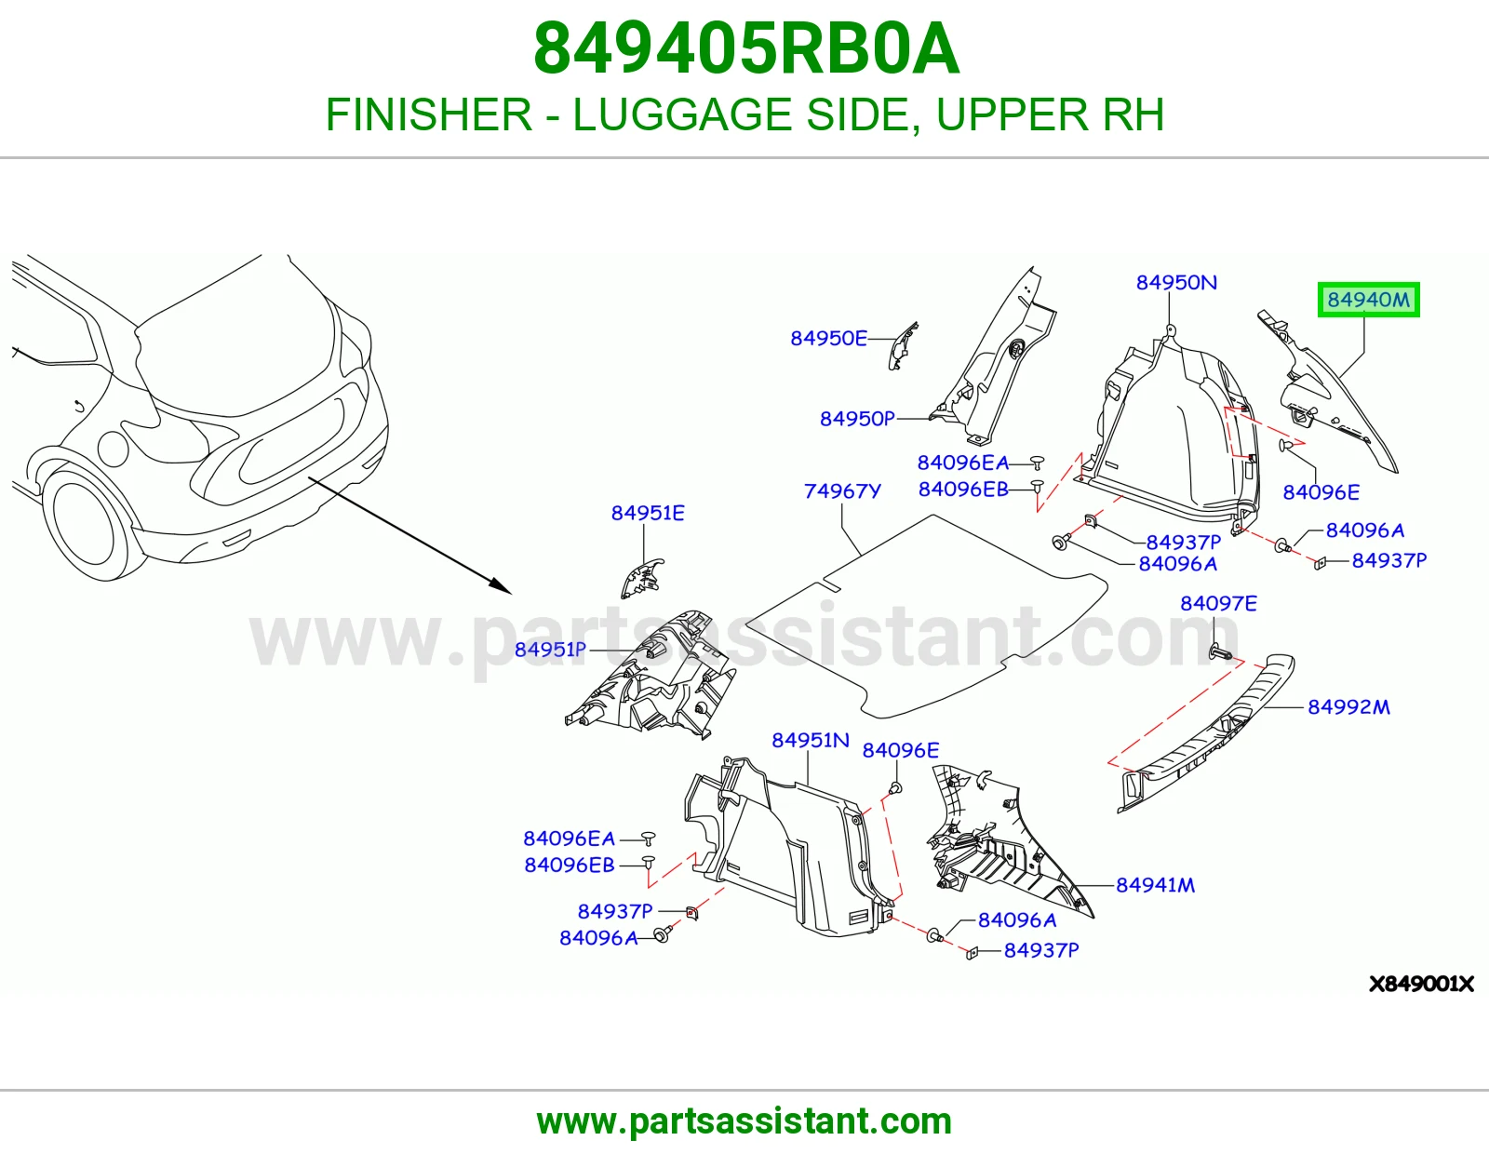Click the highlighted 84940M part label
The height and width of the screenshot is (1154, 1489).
click(x=1368, y=300)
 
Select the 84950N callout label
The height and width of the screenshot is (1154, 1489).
click(x=1176, y=282)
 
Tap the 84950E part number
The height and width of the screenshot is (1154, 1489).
click(x=828, y=338)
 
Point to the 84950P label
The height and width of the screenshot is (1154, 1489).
click(x=857, y=418)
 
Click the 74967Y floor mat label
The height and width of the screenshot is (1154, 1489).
click(x=842, y=490)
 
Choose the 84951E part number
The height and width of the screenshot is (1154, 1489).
click(x=648, y=513)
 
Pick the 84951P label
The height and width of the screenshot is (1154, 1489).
click(x=550, y=649)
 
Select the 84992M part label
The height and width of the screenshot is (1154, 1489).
click(x=1348, y=706)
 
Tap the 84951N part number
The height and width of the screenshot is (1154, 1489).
click(x=810, y=740)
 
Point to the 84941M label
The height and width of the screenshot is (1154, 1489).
click(x=1155, y=885)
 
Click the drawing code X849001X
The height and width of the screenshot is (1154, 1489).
click(x=1421, y=985)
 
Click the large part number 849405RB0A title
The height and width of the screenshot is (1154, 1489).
click(x=746, y=48)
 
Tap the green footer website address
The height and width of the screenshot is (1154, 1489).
click(x=744, y=1121)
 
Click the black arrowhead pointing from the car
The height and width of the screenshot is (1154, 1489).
click(x=501, y=586)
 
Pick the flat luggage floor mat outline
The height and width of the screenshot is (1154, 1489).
click(x=926, y=615)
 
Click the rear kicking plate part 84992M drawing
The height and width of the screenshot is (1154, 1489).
click(x=1207, y=733)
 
